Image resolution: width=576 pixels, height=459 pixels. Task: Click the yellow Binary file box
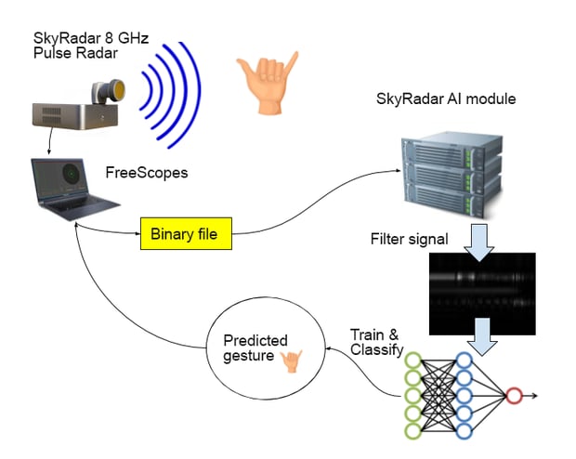[x=184, y=234]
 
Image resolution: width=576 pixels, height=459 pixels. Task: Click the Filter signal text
[x=410, y=240]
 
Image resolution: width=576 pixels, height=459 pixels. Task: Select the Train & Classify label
[x=377, y=341]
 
